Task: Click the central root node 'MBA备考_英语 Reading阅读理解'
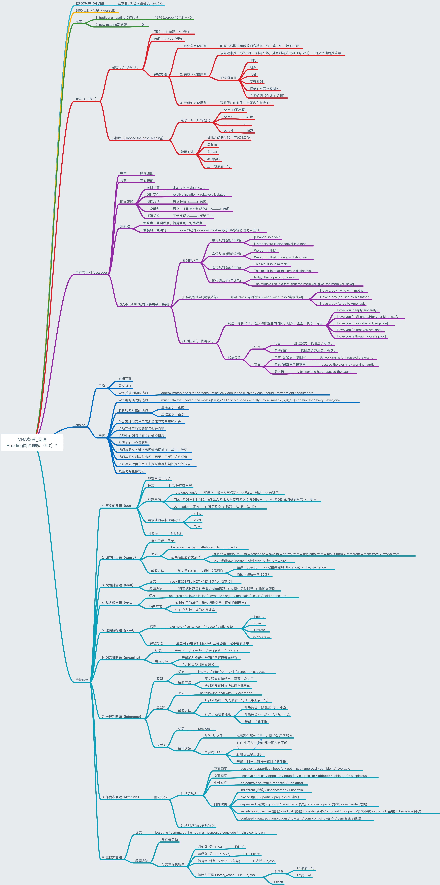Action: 32,442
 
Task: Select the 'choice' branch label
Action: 80,425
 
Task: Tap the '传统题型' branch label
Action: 82,680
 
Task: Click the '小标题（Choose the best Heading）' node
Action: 137,138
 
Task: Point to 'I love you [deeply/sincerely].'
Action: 357,310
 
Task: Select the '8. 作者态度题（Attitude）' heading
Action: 120,797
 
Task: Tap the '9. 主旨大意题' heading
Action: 112,857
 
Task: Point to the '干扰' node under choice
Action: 102,436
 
